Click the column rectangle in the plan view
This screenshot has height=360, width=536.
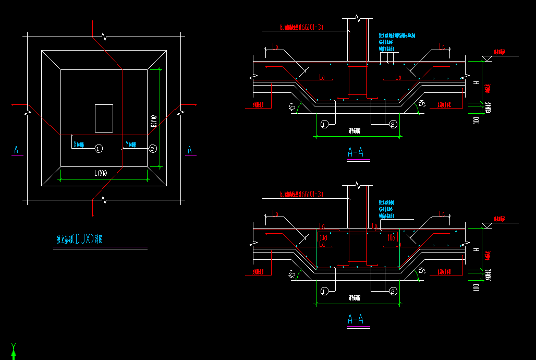(104, 118)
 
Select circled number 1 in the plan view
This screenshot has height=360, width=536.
(99, 149)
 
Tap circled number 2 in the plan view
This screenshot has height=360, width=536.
(152, 149)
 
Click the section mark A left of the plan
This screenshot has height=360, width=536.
(16, 150)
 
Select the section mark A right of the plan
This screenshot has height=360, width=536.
(190, 150)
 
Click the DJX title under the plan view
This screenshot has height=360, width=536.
(82, 239)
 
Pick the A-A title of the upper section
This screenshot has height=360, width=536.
(356, 152)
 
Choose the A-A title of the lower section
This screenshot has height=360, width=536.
(356, 319)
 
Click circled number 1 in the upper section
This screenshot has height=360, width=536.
(324, 124)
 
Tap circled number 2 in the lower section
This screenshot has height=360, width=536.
(393, 291)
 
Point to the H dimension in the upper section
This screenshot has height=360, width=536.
(475, 83)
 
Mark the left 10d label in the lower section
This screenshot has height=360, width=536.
(323, 237)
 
